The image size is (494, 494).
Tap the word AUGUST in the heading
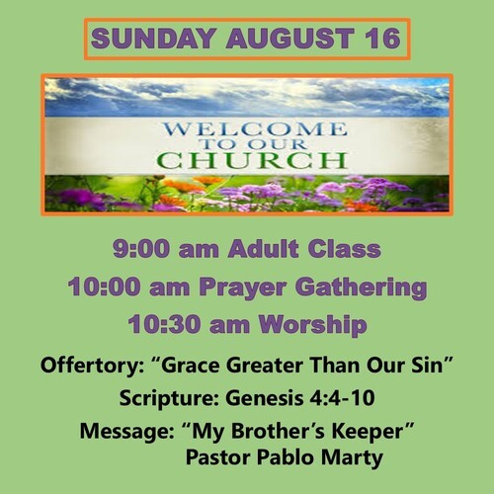[x=289, y=39]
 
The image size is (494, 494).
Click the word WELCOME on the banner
[x=255, y=128]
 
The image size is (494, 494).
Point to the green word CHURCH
[x=252, y=160]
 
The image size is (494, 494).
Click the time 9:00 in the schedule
[x=140, y=249]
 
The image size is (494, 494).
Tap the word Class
[x=344, y=249]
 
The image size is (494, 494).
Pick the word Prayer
[x=242, y=288]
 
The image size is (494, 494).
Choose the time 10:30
[x=164, y=324]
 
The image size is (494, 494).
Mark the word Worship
[x=312, y=325]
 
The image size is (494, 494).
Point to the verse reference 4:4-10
[x=343, y=398]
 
